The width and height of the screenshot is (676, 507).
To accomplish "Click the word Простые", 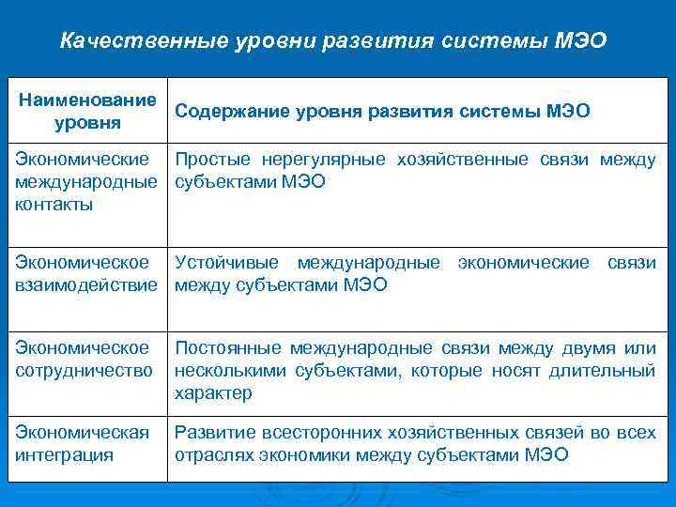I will point(211,160).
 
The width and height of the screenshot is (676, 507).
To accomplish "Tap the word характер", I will point(213,393).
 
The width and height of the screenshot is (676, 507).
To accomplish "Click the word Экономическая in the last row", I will point(83,433).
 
